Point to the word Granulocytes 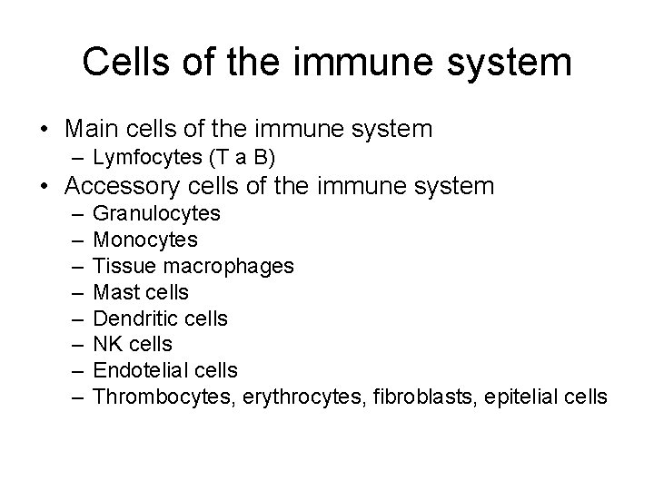tap(156, 214)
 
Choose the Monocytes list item tap(145, 240)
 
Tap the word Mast tap(115, 292)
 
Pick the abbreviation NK tap(108, 345)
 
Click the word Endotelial tap(140, 370)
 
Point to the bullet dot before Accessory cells tap(45, 188)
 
